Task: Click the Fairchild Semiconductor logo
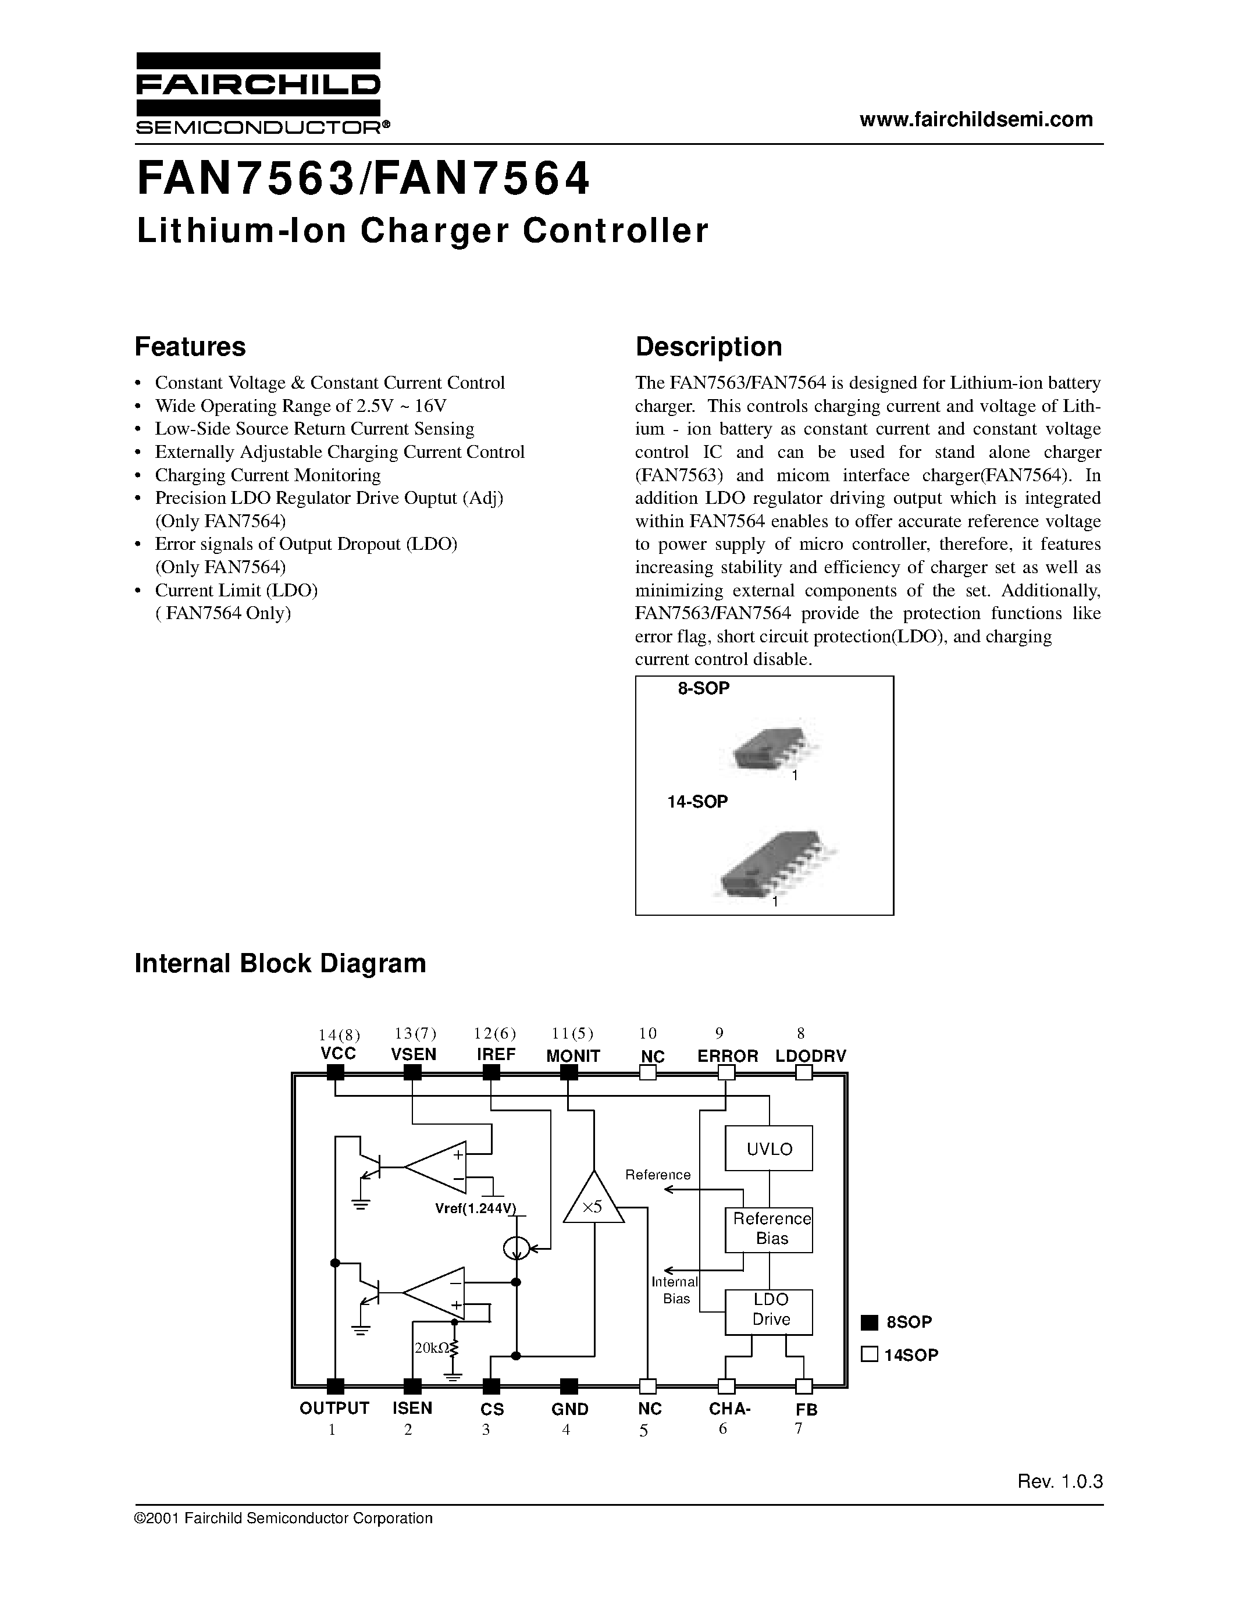coord(258,94)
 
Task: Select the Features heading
coord(190,347)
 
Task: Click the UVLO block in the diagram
coord(769,1149)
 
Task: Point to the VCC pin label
coord(339,1054)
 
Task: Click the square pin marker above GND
coord(568,1385)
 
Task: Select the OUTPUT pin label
coord(334,1408)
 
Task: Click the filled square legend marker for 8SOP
coord(868,1322)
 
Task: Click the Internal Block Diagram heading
coord(280,963)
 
